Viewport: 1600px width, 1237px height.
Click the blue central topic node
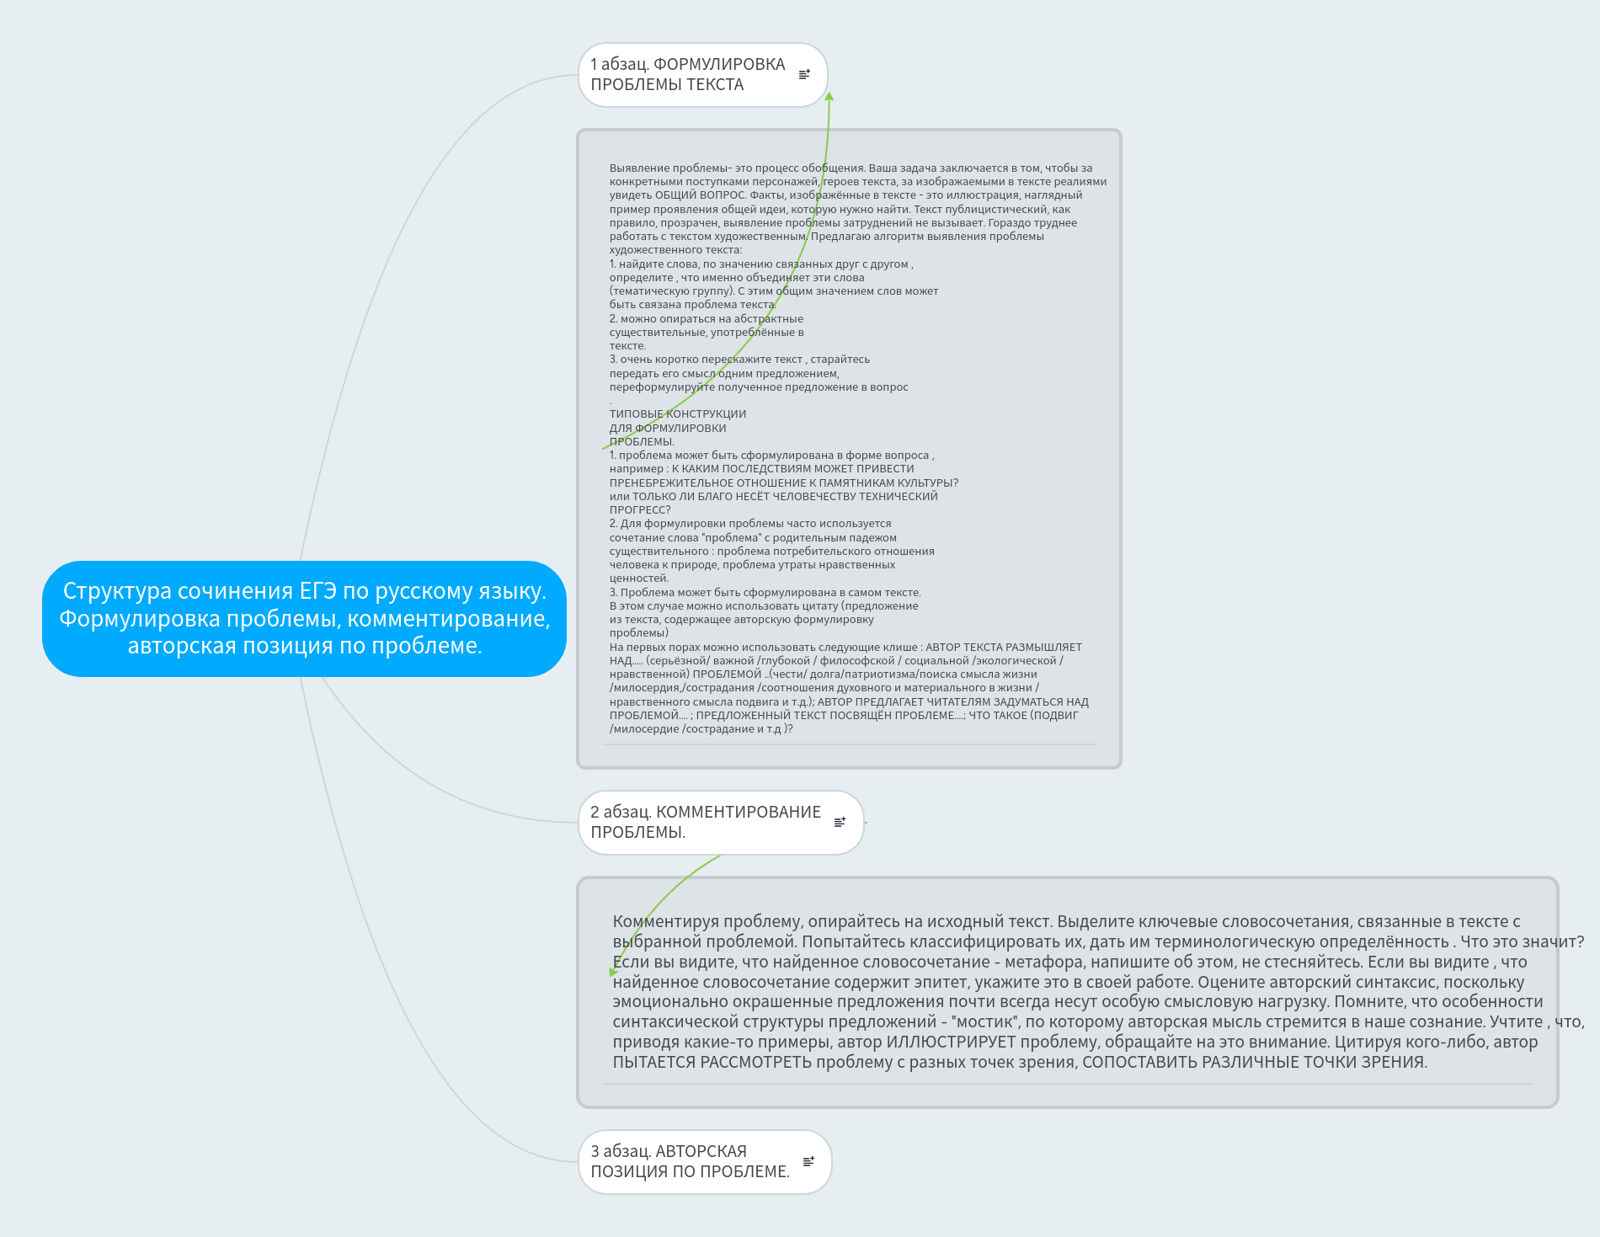point(304,619)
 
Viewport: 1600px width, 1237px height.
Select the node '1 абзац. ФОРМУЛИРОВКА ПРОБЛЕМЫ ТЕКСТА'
point(687,75)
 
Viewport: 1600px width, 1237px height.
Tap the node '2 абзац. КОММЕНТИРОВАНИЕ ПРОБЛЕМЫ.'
point(706,823)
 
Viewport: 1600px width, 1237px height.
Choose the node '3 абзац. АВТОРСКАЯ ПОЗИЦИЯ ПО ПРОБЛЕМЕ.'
point(690,1162)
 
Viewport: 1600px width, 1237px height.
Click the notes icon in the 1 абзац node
point(804,75)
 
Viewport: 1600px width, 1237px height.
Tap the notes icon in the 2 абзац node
point(840,823)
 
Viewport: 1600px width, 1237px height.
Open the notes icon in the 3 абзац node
point(808,1162)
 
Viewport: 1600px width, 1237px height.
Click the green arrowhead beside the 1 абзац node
point(829,98)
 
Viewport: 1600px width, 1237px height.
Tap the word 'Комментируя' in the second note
point(665,922)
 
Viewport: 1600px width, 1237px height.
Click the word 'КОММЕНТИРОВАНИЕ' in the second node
point(738,813)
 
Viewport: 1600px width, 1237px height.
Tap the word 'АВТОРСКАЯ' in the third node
point(701,1152)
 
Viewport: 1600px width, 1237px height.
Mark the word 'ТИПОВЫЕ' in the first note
point(637,414)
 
